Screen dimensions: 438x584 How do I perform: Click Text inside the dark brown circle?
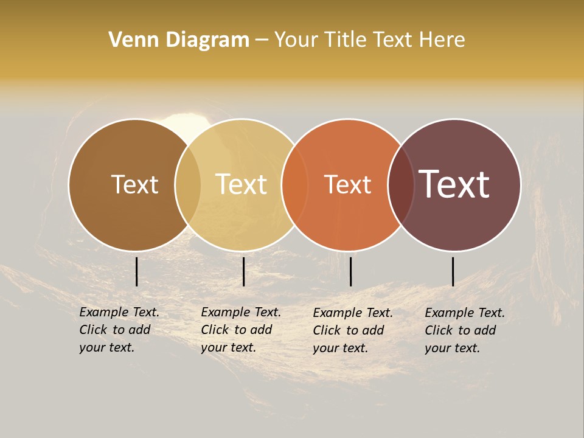[134, 184]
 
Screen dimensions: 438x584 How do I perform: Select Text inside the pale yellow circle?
[242, 184]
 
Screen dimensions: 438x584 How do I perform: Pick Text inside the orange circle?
[348, 184]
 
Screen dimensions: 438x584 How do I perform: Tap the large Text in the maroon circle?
[454, 184]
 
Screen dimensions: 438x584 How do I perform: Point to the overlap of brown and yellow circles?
[188, 184]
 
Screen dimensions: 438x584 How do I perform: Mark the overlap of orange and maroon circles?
[400, 184]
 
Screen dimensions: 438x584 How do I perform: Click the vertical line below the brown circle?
[136, 271]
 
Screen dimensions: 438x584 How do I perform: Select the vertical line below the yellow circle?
[243, 271]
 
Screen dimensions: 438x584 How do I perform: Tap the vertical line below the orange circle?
[350, 271]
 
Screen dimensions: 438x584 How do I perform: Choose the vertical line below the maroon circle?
[453, 271]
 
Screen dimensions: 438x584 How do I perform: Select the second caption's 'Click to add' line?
[236, 330]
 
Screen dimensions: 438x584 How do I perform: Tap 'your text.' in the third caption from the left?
[340, 348]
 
